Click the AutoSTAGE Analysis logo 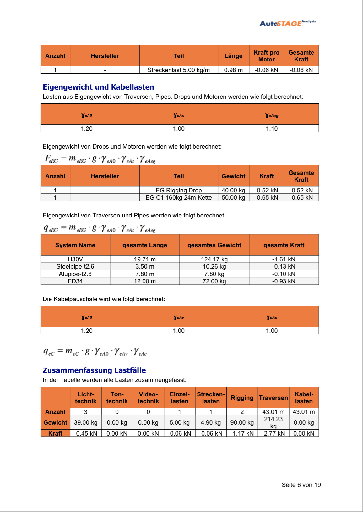tap(288, 23)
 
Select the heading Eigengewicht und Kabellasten tap(98, 87)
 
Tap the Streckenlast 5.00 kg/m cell tap(179, 70)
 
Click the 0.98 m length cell tap(233, 70)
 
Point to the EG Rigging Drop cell tap(179, 190)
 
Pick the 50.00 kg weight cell tap(233, 198)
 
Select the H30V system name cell tap(75, 259)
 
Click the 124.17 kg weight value tap(214, 259)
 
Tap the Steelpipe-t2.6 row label tap(75, 267)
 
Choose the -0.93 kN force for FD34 tap(284, 281)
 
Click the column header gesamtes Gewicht tap(214, 245)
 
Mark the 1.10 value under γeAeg tap(272, 129)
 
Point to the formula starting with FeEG tap(100, 159)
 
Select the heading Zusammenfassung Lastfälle tap(94, 370)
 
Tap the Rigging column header tap(242, 398)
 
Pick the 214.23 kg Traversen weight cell tap(273, 422)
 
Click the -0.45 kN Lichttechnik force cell tap(86, 434)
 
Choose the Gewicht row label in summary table tap(55, 423)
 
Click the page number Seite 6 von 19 tap(301, 485)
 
